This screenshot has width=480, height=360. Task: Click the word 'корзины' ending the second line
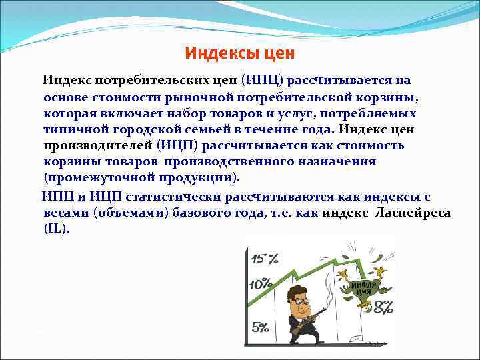tap(389, 97)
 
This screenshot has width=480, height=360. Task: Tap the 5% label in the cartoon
tap(261, 327)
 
